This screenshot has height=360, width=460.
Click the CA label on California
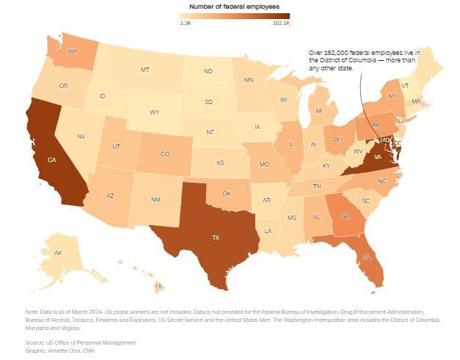(51, 159)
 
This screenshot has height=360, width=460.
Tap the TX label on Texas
(215, 238)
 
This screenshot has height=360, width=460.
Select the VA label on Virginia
(377, 157)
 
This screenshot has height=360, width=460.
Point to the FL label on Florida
(367, 257)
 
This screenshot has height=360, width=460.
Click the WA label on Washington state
(73, 51)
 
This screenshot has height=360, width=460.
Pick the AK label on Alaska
(58, 253)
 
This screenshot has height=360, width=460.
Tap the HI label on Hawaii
(158, 286)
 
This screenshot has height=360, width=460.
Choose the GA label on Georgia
(345, 216)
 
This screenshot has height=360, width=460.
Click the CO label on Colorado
(164, 154)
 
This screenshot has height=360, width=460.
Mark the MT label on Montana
(145, 70)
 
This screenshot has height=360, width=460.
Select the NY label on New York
(392, 96)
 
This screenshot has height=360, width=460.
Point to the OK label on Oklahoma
(227, 194)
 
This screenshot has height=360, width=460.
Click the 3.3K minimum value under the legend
(186, 23)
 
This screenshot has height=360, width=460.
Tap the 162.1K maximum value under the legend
(281, 23)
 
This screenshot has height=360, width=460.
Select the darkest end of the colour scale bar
(286, 15)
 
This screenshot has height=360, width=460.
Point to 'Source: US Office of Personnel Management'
(80, 342)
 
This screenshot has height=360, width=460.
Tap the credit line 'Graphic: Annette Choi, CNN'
(59, 350)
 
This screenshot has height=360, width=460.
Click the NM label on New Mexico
(156, 199)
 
